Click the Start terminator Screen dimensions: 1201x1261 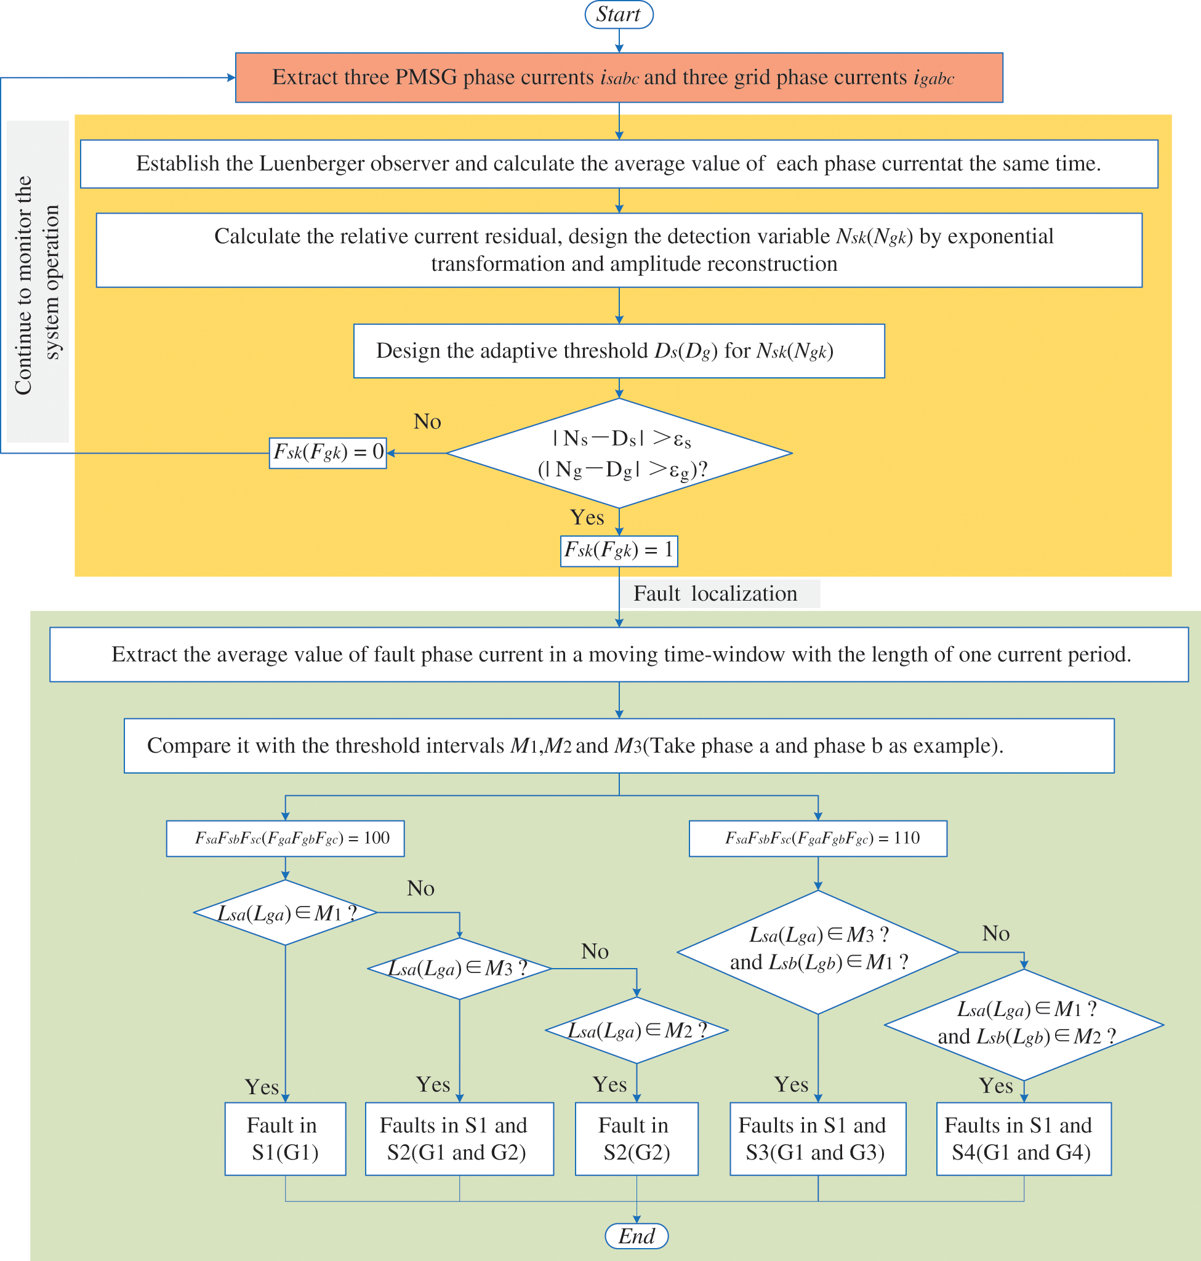pos(619,14)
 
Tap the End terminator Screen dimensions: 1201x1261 pos(637,1235)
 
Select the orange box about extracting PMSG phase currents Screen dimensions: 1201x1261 pos(619,78)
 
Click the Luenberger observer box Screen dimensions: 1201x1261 pos(619,164)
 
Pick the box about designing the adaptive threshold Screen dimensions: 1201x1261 pos(619,351)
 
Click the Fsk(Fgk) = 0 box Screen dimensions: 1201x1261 pos(327,452)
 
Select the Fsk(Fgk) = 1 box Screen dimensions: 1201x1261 pos(619,550)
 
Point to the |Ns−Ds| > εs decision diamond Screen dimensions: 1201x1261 pos(619,453)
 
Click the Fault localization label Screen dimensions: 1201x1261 pos(716,593)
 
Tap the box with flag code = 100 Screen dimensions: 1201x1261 pos(286,839)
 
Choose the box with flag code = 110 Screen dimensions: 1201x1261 pos(818,839)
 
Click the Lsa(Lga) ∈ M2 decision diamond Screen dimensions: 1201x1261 pos(637,1030)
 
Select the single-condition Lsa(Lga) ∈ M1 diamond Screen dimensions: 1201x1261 pos(286,912)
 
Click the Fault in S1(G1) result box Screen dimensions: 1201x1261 pos(286,1139)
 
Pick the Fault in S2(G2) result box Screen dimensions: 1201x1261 pos(637,1139)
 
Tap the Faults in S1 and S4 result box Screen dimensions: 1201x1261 pos(1024,1139)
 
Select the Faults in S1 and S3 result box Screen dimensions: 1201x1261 pos(818,1139)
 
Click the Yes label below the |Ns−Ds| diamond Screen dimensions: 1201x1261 pos(587,517)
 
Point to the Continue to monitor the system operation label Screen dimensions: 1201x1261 pos(37,285)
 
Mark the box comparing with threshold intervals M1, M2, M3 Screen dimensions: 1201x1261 pos(619,746)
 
